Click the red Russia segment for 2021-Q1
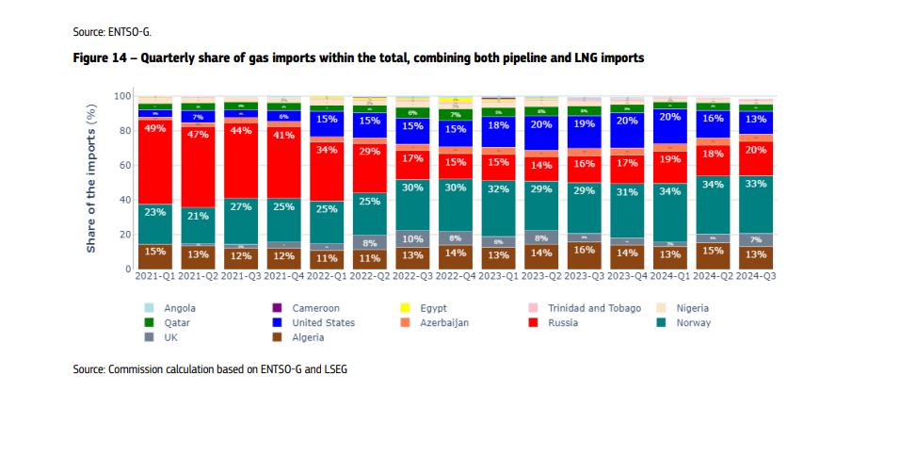coord(154,161)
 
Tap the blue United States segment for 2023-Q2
coord(541,136)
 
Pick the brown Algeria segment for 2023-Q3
coord(584,255)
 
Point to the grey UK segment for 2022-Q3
coord(412,238)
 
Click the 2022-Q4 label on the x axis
coord(455,277)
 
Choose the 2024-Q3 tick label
coord(755,277)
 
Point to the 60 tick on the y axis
coord(122,165)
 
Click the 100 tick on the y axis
coord(120,96)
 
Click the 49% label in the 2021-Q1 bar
coord(154,128)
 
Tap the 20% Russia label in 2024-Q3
coord(755,149)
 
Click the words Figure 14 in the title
coord(101,58)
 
